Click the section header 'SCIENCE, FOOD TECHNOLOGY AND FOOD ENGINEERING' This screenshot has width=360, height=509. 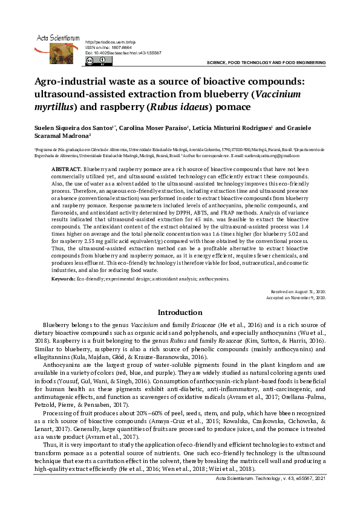(266, 63)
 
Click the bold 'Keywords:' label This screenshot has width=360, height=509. (64, 279)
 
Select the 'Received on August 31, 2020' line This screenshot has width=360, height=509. (300, 291)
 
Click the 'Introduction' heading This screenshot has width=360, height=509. (180, 313)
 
